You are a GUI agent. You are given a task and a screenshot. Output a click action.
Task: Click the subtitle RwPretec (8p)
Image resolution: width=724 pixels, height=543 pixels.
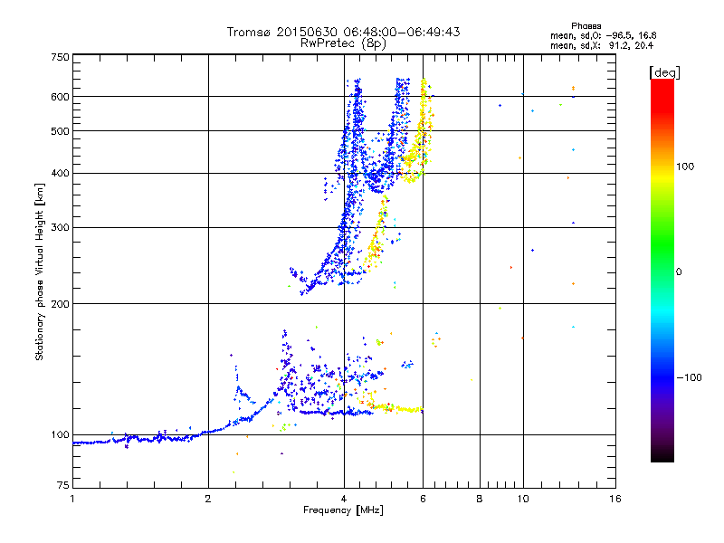pyautogui.click(x=343, y=43)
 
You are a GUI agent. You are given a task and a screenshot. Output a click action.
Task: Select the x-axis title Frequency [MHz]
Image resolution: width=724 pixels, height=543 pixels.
pyautogui.click(x=343, y=510)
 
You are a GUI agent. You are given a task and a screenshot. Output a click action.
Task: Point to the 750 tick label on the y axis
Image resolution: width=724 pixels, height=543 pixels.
pyautogui.click(x=61, y=57)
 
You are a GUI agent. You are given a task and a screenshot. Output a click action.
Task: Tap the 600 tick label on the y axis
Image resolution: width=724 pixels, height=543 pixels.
pyautogui.click(x=61, y=97)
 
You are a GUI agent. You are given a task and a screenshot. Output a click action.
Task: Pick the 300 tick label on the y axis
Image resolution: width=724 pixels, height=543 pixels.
pyautogui.click(x=61, y=227)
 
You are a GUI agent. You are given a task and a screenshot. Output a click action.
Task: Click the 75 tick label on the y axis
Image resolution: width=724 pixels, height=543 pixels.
pyautogui.click(x=63, y=485)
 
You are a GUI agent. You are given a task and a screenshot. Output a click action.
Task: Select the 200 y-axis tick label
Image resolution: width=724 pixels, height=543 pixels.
pyautogui.click(x=61, y=303)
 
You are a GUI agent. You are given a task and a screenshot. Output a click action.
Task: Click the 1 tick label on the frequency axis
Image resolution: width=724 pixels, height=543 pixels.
pyautogui.click(x=72, y=499)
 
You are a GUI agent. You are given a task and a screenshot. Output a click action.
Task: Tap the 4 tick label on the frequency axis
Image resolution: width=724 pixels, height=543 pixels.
pyautogui.click(x=344, y=499)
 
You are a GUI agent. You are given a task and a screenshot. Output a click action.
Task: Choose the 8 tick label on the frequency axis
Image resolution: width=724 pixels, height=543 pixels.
pyautogui.click(x=480, y=499)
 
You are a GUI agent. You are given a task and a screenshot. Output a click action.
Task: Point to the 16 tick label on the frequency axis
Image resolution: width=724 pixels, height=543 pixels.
pyautogui.click(x=615, y=499)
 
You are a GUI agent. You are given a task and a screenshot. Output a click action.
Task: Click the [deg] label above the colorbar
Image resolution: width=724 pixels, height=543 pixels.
pyautogui.click(x=664, y=72)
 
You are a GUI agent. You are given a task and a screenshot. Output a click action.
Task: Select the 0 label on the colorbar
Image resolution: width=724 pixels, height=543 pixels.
pyautogui.click(x=679, y=271)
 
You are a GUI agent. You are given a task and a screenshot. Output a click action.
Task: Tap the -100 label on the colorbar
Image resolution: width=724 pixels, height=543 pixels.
pyautogui.click(x=690, y=377)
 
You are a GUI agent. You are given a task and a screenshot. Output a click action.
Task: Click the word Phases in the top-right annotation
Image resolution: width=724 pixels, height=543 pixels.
pyautogui.click(x=586, y=26)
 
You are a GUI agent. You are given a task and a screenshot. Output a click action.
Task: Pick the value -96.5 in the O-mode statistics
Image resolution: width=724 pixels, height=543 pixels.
pyautogui.click(x=621, y=35)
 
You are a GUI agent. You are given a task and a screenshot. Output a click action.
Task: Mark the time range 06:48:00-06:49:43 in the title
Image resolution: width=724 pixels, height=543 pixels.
pyautogui.click(x=402, y=32)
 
